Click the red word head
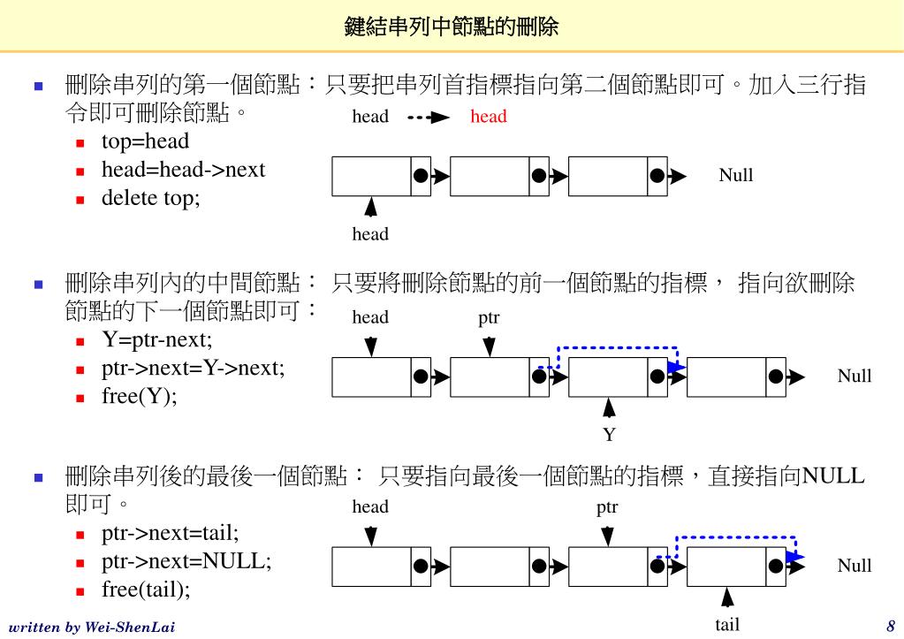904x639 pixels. click(488, 117)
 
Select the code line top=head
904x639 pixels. click(145, 141)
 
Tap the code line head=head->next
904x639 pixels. click(183, 170)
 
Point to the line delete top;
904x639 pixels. click(151, 198)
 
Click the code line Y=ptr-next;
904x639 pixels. click(157, 339)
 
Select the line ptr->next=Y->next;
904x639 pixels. click(194, 368)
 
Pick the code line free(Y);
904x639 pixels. click(140, 396)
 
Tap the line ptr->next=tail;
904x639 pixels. click(171, 533)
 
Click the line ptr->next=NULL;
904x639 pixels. click(186, 561)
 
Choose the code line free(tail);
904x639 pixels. click(146, 590)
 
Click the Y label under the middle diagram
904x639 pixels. click(609, 435)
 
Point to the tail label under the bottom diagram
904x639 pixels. click(727, 625)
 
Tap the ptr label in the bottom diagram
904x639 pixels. click(607, 507)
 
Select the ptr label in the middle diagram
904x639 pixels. click(489, 317)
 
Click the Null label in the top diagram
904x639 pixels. click(736, 175)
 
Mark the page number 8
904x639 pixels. click(891, 626)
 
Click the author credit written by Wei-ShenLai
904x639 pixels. click(91, 628)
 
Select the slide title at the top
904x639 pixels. click(452, 27)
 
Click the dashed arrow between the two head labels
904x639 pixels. click(429, 117)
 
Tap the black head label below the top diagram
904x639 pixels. click(370, 234)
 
